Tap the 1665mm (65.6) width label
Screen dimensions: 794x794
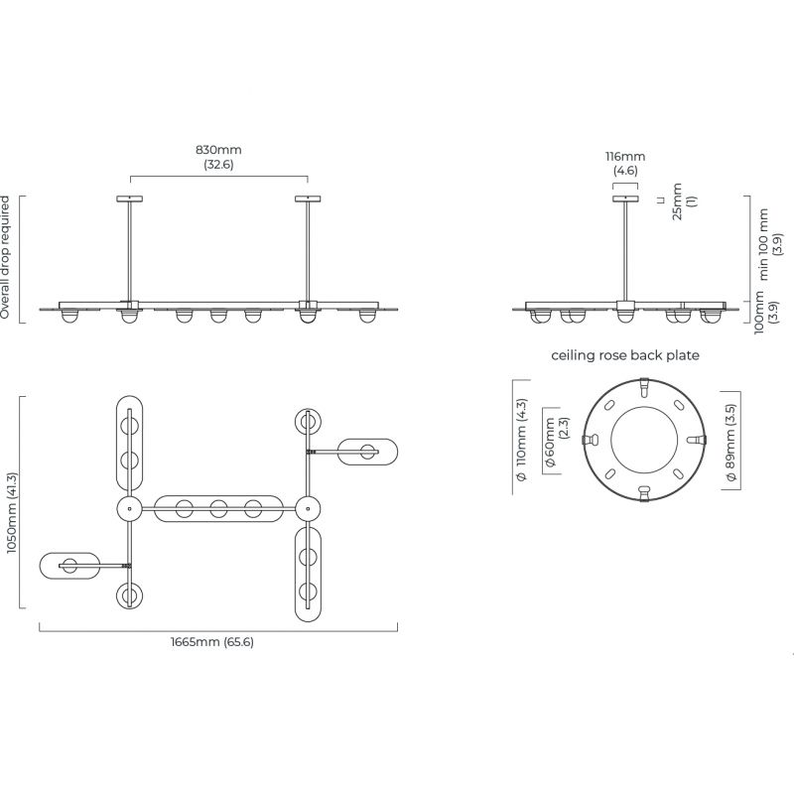click(212, 642)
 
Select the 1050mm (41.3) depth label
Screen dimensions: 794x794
click(12, 513)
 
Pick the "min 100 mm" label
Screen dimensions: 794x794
click(763, 244)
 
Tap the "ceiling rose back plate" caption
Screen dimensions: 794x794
click(625, 355)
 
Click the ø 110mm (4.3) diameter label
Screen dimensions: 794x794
click(521, 440)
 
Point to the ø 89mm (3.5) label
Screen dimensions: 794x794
click(730, 442)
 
